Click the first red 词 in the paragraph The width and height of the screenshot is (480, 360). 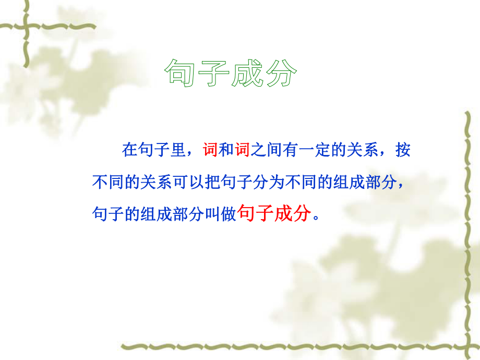tap(209, 151)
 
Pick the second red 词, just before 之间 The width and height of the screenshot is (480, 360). tap(242, 151)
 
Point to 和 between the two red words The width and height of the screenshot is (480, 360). tap(225, 151)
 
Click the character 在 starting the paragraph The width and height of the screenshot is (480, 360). tap(129, 151)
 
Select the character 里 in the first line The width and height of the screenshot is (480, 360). tap(177, 151)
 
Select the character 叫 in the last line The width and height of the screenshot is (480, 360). tap(210, 214)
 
